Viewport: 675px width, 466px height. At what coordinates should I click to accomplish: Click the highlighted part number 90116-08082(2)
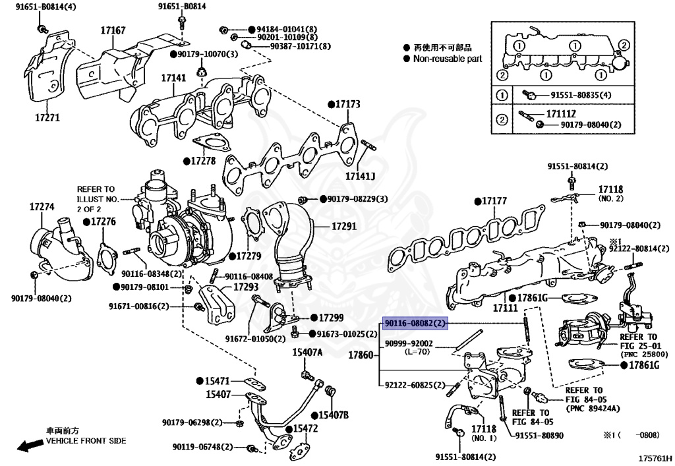pyautogui.click(x=415, y=324)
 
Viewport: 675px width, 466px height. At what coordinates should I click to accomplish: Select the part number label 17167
pyautogui.click(x=113, y=30)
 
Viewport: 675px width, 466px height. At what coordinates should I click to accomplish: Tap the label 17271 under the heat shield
pyautogui.click(x=47, y=118)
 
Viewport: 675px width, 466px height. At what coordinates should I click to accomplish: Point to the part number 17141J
pyautogui.click(x=361, y=176)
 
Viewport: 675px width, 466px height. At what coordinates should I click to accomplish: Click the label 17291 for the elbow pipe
pyautogui.click(x=343, y=226)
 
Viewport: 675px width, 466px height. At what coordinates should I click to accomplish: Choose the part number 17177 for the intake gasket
pyautogui.click(x=493, y=200)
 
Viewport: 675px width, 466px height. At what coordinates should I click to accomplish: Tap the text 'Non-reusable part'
pyautogui.click(x=447, y=59)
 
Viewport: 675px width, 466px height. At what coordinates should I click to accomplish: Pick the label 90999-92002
pyautogui.click(x=409, y=343)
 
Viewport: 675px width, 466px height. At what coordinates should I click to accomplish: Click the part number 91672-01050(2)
pyautogui.click(x=255, y=339)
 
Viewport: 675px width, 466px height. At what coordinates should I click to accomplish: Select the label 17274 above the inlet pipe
pyautogui.click(x=42, y=207)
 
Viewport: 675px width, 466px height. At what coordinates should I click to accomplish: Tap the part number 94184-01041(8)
pyautogui.click(x=287, y=30)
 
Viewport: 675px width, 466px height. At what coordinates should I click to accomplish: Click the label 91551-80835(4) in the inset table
pyautogui.click(x=576, y=95)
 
